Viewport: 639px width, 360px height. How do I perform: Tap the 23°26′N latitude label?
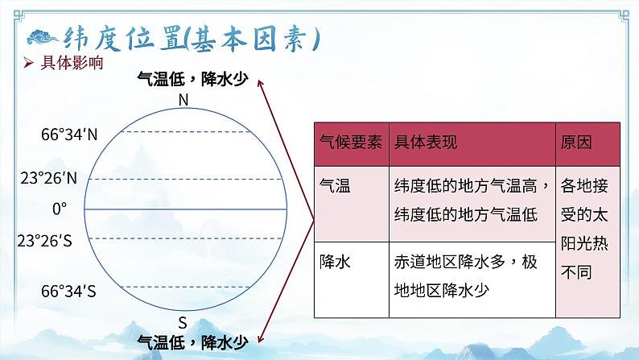49,177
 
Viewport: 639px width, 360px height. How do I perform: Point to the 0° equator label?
60,209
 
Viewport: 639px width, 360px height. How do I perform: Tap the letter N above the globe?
183,100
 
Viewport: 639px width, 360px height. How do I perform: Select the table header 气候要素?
349,143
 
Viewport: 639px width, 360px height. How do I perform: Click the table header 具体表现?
426,143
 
